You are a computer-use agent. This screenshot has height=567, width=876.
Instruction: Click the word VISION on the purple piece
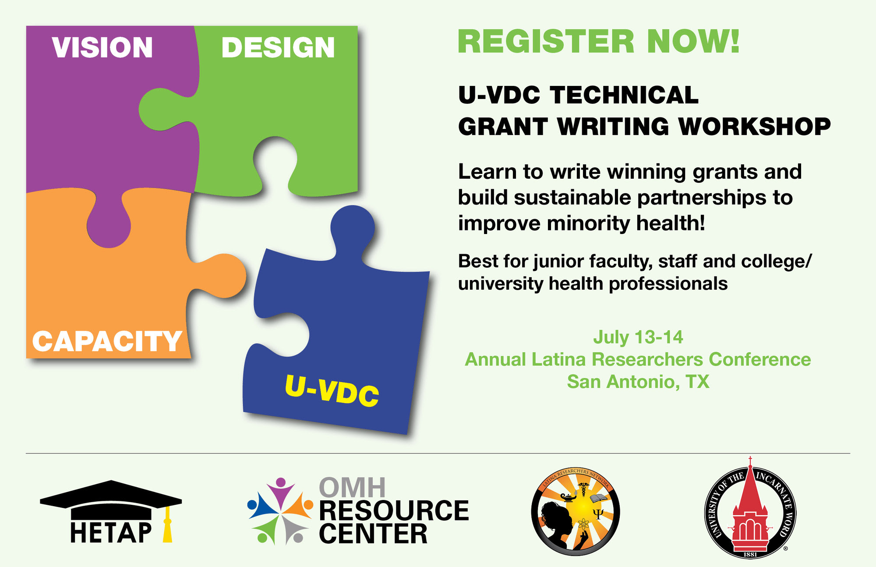click(x=102, y=47)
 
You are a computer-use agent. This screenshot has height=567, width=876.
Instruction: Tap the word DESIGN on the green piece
click(x=278, y=47)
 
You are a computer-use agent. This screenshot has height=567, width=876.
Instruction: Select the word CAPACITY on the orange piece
click(x=107, y=341)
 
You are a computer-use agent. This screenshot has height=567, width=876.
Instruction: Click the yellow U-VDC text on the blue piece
click(x=332, y=390)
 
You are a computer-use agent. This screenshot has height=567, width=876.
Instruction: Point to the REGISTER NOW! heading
click(x=599, y=42)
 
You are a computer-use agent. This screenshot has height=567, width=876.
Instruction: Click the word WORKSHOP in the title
click(x=754, y=127)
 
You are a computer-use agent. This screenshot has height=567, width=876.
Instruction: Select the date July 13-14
click(x=638, y=337)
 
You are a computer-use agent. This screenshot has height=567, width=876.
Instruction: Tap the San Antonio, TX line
click(x=638, y=382)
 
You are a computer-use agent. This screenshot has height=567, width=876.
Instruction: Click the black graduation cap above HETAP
click(x=111, y=500)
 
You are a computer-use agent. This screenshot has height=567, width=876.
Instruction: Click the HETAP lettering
click(x=111, y=532)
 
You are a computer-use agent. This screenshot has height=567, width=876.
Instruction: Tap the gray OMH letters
click(x=353, y=487)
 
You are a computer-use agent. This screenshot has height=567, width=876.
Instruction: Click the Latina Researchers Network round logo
click(x=575, y=511)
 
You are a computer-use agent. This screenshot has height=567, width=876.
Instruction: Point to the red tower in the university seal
click(x=750, y=508)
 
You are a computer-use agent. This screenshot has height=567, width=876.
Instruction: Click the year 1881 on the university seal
click(x=750, y=554)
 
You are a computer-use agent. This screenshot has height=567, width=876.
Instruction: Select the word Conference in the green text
click(x=760, y=359)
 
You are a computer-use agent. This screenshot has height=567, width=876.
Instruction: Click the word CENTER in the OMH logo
click(x=373, y=534)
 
